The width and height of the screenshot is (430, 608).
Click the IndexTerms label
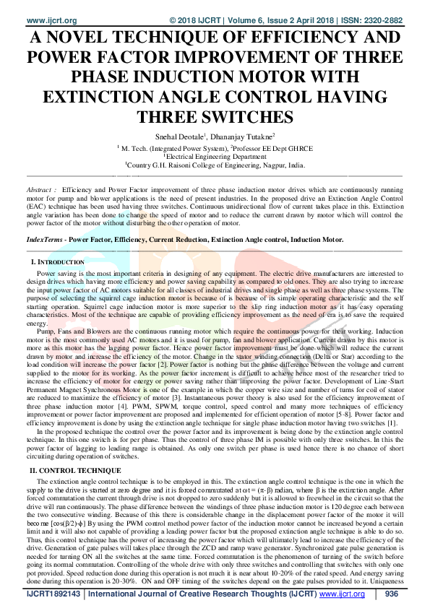click(41, 238)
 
